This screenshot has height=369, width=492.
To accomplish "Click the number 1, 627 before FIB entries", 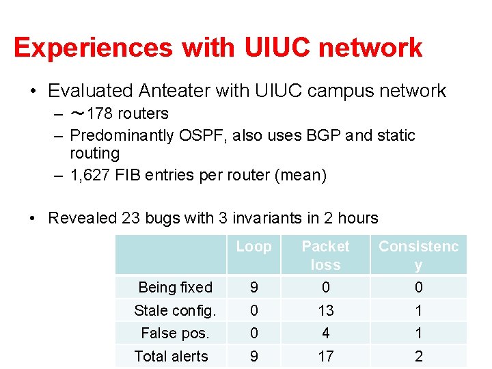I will [92, 176].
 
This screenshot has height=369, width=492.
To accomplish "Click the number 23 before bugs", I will [131, 219].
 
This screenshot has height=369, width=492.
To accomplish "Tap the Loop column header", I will [254, 247].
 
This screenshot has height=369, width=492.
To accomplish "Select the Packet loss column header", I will [325, 255].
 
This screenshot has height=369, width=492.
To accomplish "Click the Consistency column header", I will [418, 255].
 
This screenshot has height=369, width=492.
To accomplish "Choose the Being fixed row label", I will [175, 288].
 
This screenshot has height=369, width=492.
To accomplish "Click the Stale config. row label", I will [175, 311].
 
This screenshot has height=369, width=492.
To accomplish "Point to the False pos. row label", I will [175, 333].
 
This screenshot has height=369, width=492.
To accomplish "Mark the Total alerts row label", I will [171, 356].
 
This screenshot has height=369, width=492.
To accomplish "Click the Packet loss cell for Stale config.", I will [325, 311].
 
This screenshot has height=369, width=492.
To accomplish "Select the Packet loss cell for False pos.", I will [325, 333].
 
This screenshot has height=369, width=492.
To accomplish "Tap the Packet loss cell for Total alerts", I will [325, 356].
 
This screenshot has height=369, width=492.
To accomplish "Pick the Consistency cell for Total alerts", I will [418, 356].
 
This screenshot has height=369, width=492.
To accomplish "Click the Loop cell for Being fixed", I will [254, 288].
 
